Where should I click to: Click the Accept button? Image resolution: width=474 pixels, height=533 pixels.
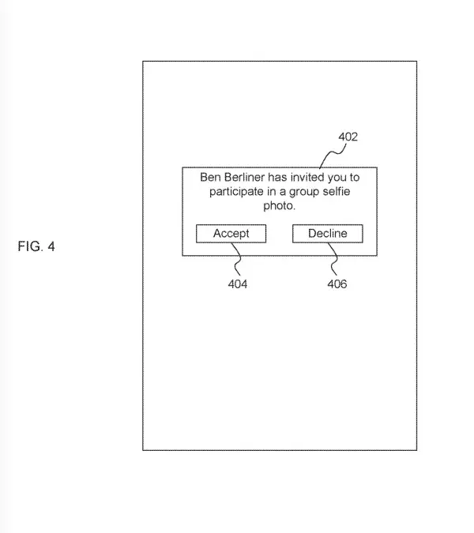pos(231,234)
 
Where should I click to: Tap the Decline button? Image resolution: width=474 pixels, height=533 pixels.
pos(327,234)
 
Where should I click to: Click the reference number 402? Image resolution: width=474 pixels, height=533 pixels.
pos(348,137)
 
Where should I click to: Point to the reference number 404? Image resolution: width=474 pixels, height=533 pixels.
pos(238,284)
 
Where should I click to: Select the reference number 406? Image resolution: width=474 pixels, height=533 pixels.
pos(337,284)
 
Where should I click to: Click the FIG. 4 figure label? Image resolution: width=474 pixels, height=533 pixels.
pos(36,247)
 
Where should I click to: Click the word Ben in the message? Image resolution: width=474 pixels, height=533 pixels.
pos(210,178)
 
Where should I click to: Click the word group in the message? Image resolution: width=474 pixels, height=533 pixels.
pos(304,192)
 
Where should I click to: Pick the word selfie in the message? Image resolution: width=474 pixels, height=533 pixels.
pos(340,192)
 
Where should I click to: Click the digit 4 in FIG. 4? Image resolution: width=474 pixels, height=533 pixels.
pos(51,247)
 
